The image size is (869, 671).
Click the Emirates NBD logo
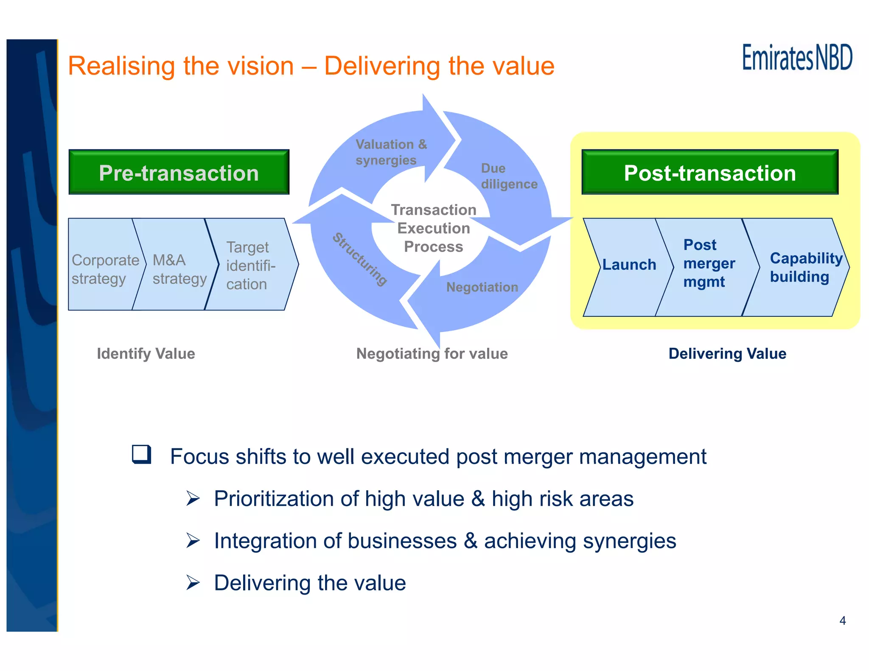(797, 58)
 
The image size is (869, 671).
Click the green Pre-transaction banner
(179, 173)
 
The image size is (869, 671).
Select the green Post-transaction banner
(709, 173)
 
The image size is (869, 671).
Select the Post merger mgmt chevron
(708, 263)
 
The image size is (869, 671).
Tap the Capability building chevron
(800, 267)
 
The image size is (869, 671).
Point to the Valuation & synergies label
(390, 152)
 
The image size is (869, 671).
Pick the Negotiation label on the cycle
(482, 287)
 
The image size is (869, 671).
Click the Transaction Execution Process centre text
(433, 228)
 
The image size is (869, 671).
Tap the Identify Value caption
(146, 353)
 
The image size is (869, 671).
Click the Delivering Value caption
(727, 353)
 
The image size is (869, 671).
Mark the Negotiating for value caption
(432, 353)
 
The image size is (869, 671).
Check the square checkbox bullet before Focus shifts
(142, 454)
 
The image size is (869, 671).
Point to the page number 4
(842, 621)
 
